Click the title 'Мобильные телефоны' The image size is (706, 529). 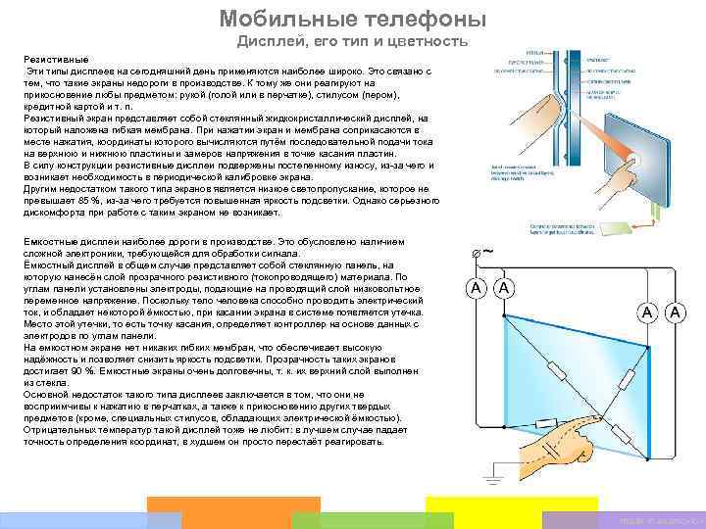coord(352,19)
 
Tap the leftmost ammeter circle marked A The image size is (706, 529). coord(476,289)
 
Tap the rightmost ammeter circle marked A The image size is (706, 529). coord(676,313)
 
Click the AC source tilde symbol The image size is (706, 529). coord(487,251)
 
